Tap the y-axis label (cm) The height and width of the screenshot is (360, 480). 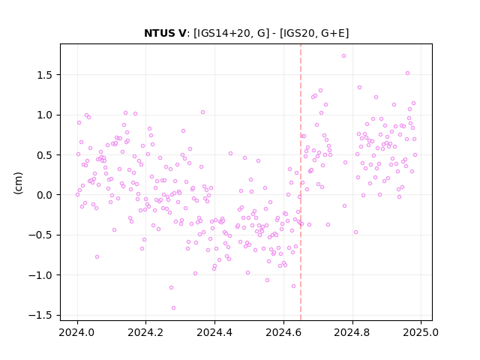click(18, 183)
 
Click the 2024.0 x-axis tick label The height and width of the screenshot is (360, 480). click(77, 332)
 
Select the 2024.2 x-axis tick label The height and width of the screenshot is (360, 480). click(146, 332)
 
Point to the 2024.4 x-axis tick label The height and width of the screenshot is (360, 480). click(215, 332)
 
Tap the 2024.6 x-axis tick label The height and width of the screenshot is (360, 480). click(283, 332)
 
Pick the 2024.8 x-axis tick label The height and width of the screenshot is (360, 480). click(352, 332)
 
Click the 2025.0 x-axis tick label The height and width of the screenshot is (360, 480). click(421, 332)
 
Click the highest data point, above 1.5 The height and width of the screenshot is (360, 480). click(343, 56)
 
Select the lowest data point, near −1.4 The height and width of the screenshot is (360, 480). click(173, 308)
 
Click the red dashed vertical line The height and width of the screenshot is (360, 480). click(301, 182)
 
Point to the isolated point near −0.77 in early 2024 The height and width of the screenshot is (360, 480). click(97, 256)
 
